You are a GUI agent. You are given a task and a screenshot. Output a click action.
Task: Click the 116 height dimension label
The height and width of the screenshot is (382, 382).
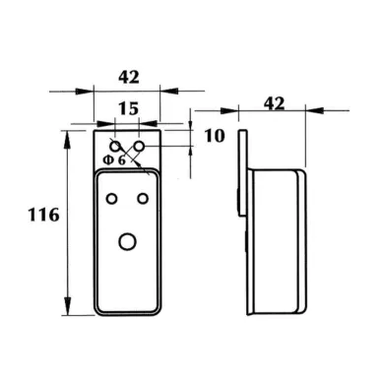pyautogui.click(x=43, y=215)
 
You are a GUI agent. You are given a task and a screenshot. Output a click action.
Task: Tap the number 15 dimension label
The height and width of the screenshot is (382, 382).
pyautogui.click(x=128, y=108)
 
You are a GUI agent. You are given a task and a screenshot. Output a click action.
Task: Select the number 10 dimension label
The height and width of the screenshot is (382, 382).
pyautogui.click(x=215, y=135)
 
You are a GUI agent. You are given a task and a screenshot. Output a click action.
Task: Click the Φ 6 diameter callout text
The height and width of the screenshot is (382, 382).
pyautogui.click(x=114, y=160)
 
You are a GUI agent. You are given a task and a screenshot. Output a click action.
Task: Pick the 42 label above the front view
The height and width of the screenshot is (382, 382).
pyautogui.click(x=129, y=77)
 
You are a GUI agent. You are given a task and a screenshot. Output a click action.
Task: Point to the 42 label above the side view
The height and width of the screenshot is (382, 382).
pyautogui.click(x=274, y=103)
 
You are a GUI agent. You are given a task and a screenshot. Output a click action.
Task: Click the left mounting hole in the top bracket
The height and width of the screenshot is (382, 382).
pyautogui.click(x=115, y=146)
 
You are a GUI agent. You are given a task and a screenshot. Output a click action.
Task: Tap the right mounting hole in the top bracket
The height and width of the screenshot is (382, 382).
pyautogui.click(x=140, y=146)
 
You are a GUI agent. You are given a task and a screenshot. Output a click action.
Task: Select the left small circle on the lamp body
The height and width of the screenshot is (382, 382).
pyautogui.click(x=112, y=199)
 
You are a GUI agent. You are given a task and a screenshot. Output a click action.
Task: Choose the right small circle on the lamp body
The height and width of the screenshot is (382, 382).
pyautogui.click(x=143, y=199)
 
